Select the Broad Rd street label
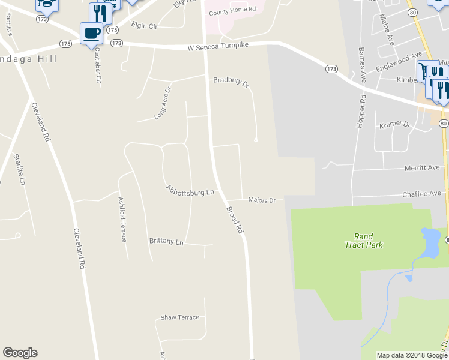tap(235, 220)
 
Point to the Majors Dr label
tap(261, 200)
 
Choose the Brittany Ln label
tap(166, 241)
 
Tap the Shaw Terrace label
tap(179, 317)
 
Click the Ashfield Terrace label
tap(122, 219)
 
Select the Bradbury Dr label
tap(231, 82)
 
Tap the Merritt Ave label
tap(422, 168)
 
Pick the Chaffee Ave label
tap(422, 193)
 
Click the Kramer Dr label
tap(394, 125)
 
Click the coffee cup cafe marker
tap(91, 32)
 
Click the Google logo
tap(20, 353)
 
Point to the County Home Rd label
tap(232, 10)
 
